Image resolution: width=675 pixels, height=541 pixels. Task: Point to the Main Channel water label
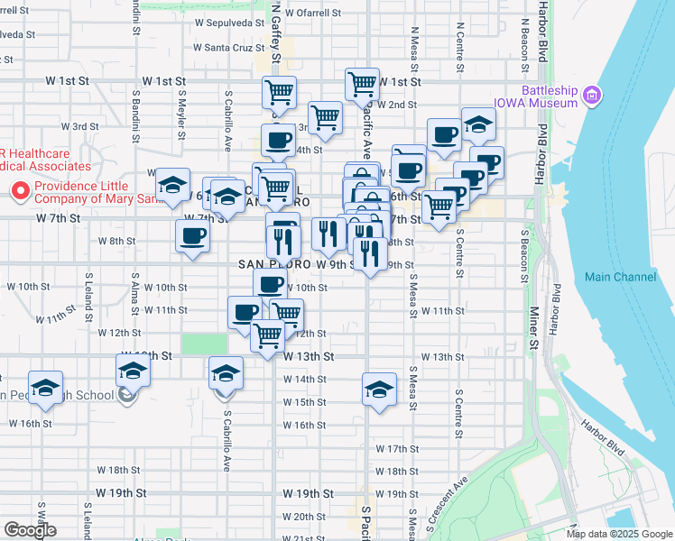pos(620,277)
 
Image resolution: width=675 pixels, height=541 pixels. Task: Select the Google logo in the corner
pos(30,530)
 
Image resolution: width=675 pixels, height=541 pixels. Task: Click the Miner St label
pos(533,332)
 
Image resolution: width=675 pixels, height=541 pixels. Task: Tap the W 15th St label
pos(304,402)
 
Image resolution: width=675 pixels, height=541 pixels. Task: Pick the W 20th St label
pos(304,517)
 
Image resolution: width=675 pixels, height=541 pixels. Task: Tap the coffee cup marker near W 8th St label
pos(192,237)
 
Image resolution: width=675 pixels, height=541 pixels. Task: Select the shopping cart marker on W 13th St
pos(268,335)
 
